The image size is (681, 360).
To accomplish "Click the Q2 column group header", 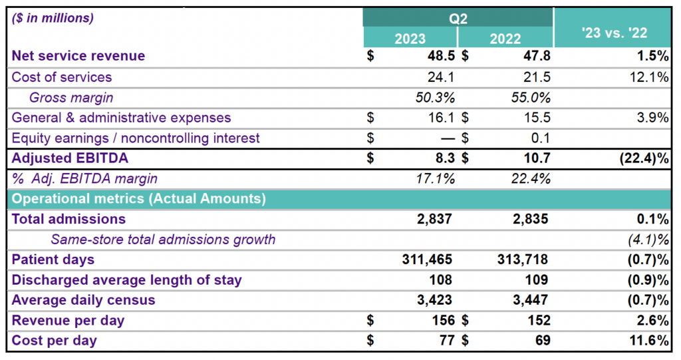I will click(458, 18).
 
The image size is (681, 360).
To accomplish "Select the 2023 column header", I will click(410, 38).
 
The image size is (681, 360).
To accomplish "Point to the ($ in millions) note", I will click(53, 18).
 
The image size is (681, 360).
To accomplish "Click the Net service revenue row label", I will click(78, 57).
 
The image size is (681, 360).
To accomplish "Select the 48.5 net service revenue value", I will click(440, 57).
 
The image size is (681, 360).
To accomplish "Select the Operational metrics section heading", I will click(139, 198).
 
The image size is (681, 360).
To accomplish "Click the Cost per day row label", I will click(55, 341).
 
